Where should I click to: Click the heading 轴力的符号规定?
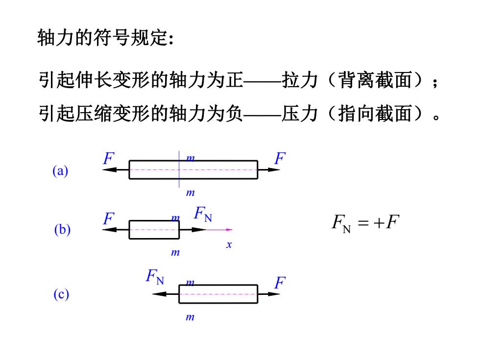(106, 38)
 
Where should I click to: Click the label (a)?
(60, 170)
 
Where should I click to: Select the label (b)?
(62, 229)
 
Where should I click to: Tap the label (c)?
(61, 294)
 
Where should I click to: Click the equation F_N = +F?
(365, 223)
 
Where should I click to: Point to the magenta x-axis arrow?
(219, 230)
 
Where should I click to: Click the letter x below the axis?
(229, 244)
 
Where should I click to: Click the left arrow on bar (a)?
(116, 169)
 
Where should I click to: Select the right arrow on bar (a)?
(269, 169)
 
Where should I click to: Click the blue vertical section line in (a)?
(179, 169)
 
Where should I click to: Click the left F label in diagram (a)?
(108, 158)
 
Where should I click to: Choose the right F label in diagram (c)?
(280, 283)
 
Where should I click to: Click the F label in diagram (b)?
(108, 218)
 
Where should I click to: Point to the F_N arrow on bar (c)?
(166, 294)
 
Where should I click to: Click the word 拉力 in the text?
(300, 80)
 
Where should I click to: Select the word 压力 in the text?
(300, 114)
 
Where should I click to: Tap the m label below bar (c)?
(190, 317)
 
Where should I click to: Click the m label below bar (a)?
(191, 192)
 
